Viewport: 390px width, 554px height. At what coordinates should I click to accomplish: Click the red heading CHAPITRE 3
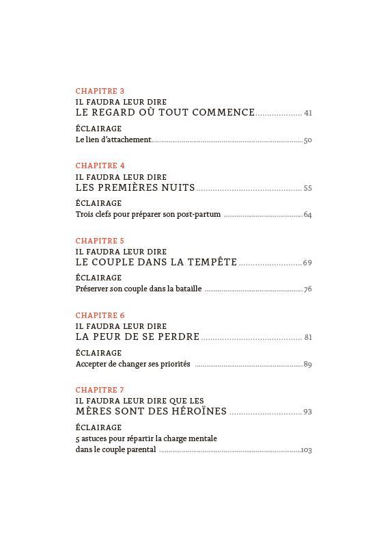tap(100, 91)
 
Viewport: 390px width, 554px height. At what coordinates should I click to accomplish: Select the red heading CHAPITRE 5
tap(100, 241)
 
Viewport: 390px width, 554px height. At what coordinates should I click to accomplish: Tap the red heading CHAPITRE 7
tap(100, 391)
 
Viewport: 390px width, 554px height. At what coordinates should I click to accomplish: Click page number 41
tap(308, 114)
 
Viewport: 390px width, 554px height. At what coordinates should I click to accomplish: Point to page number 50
tap(307, 140)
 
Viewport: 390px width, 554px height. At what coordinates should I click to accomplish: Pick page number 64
tap(307, 215)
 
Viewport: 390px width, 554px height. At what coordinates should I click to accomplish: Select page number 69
tap(307, 263)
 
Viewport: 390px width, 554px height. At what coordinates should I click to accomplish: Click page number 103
tap(306, 450)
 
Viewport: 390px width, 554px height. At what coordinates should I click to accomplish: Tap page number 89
tap(307, 365)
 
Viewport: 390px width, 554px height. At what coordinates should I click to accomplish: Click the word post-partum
tap(198, 214)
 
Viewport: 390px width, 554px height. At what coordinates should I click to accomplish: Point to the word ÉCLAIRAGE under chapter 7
tap(98, 427)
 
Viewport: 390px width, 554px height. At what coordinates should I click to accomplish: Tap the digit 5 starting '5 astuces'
tap(77, 439)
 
